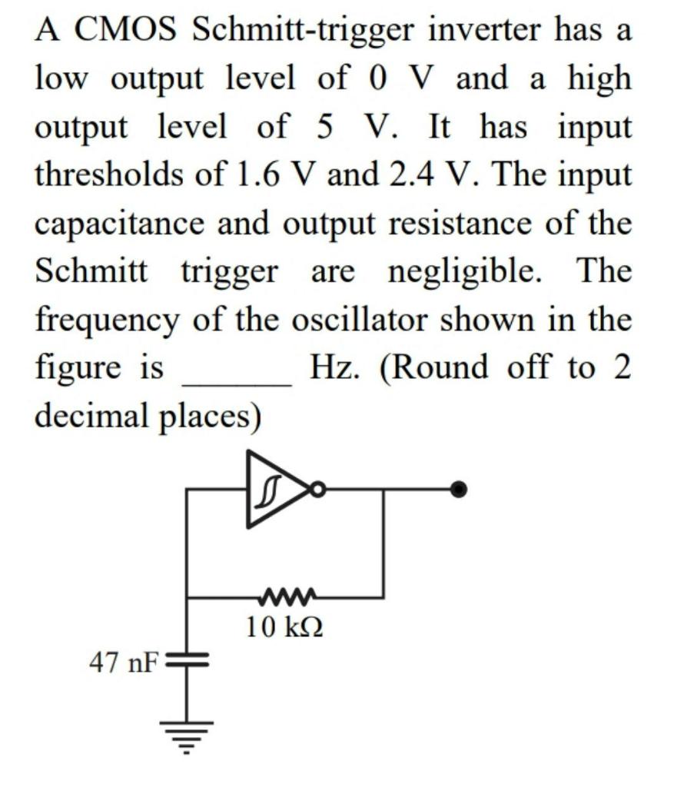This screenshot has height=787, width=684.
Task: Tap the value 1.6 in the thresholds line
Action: pos(257,175)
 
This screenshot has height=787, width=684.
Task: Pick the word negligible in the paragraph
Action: pos(464,271)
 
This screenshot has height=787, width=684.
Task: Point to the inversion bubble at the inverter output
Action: pos(316,489)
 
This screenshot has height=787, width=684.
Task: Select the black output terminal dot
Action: pos(459,490)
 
